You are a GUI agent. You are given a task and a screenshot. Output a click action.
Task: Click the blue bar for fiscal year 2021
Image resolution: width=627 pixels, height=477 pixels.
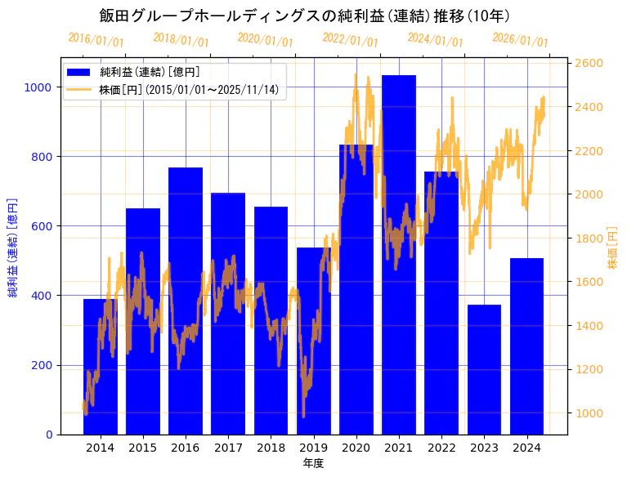tap(399, 254)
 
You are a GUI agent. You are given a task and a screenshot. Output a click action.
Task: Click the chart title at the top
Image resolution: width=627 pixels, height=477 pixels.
tap(305, 16)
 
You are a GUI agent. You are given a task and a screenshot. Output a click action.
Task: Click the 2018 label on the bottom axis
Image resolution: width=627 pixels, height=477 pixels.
tap(271, 448)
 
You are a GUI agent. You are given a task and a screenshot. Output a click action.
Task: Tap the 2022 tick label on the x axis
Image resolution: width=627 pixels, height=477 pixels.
tap(441, 448)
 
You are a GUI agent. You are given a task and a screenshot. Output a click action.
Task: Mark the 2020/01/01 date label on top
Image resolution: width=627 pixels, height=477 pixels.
tap(265, 39)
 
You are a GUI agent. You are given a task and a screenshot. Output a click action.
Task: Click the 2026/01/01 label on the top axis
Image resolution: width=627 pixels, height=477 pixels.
tap(520, 39)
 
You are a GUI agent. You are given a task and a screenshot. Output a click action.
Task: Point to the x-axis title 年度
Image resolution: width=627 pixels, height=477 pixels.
tap(313, 463)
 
